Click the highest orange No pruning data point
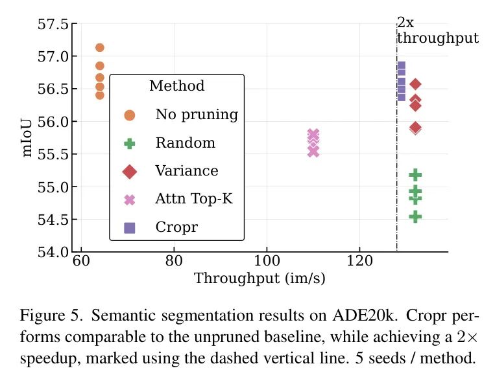[x=99, y=47]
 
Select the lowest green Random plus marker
[x=415, y=216]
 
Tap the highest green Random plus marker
[x=415, y=175]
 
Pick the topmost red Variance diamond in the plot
[x=415, y=84]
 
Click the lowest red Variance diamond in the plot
[x=415, y=128]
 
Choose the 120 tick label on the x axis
[x=359, y=263]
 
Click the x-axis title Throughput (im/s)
[x=260, y=279]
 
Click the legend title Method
[x=176, y=86]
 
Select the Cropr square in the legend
[x=130, y=227]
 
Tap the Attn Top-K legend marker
[x=130, y=200]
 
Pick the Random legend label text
[x=185, y=143]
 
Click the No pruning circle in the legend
[x=130, y=115]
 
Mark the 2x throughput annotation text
[x=437, y=31]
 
